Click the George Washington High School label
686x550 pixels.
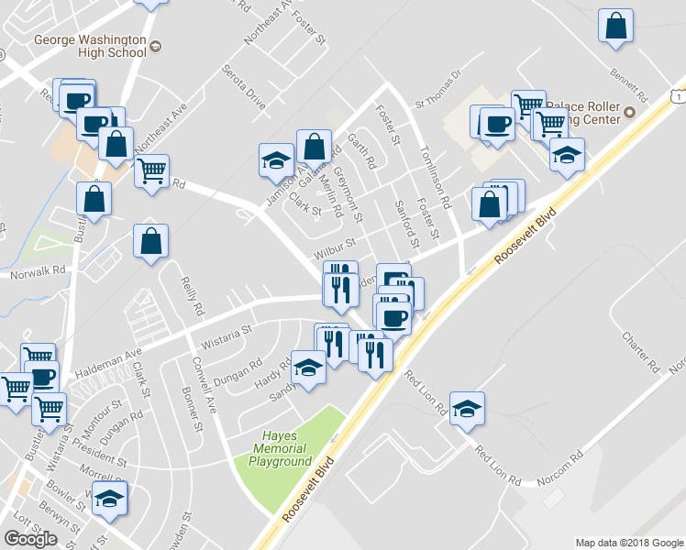pyautogui.click(x=89, y=46)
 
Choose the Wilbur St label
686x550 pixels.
pyautogui.click(x=335, y=247)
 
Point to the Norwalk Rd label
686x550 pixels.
pyautogui.click(x=39, y=271)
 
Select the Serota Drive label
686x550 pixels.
pyautogui.click(x=244, y=87)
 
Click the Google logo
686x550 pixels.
pyautogui.click(x=30, y=539)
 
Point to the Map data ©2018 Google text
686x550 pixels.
pyautogui.click(x=628, y=543)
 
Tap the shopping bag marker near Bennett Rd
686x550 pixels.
pyautogui.click(x=616, y=27)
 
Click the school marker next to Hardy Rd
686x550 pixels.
pyautogui.click(x=308, y=368)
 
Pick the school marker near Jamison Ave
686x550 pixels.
pyautogui.click(x=275, y=159)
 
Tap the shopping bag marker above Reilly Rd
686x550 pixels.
pyautogui.click(x=150, y=243)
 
